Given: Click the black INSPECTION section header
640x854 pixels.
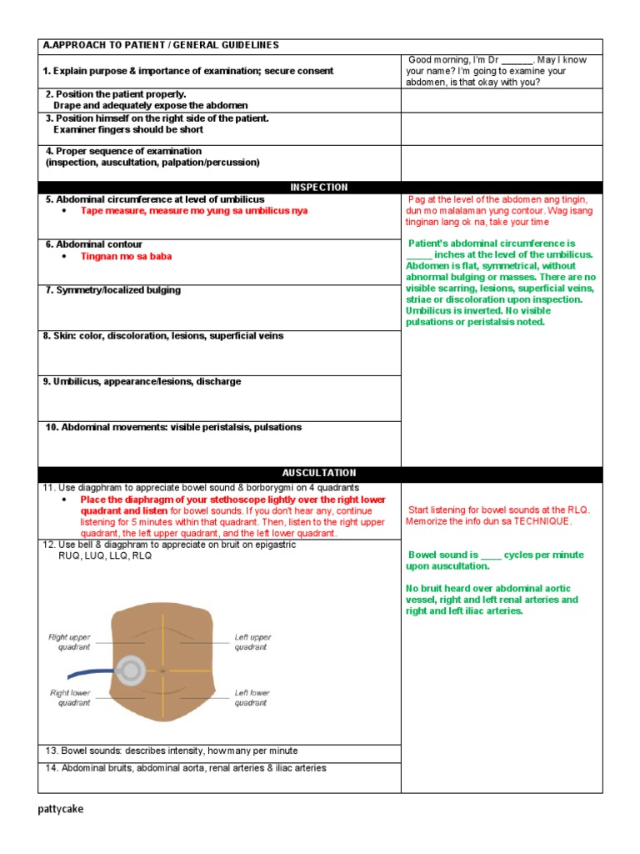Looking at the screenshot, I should pos(319,188).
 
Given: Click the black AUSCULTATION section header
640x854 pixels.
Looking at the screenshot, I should pos(319,473).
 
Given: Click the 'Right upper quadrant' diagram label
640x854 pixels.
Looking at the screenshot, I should pos(68,642).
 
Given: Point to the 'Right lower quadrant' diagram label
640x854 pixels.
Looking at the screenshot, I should pos(70,697).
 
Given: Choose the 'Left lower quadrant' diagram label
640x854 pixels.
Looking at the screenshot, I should pos(251,697).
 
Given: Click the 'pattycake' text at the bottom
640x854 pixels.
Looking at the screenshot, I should pos(61,809).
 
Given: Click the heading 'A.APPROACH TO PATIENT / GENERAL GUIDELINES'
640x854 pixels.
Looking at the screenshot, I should pos(161,45).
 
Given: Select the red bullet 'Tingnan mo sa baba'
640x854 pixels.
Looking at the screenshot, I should pos(126,257).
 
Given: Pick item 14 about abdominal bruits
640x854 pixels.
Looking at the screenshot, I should pos(185,768).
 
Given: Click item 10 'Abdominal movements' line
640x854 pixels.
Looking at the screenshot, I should pos(173,427).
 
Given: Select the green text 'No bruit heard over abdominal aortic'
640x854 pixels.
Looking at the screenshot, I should pos(492,588).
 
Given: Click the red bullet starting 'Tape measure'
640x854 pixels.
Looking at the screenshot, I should pos(193,211).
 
